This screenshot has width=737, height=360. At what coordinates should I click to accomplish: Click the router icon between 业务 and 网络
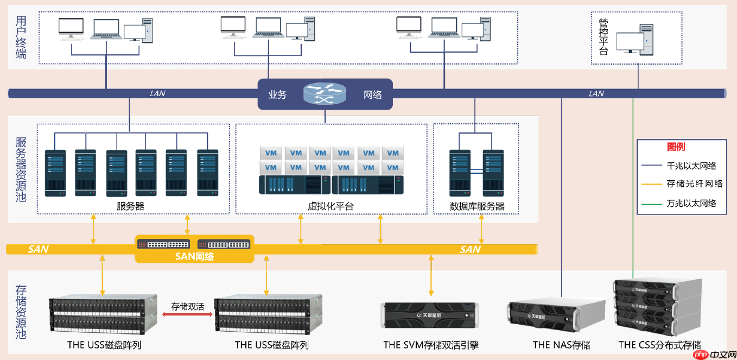[x=325, y=94]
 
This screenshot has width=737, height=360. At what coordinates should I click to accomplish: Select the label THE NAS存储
[x=561, y=345]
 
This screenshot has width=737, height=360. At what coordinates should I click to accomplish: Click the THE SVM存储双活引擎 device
[x=431, y=314]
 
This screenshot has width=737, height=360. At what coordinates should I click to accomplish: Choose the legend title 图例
[x=676, y=147]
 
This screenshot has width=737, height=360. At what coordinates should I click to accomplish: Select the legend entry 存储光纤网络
[x=695, y=184]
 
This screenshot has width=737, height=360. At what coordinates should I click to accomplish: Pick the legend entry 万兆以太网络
[x=691, y=204]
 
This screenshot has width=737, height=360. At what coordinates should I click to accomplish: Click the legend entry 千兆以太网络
[x=691, y=166]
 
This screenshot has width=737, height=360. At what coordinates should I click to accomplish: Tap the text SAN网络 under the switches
[x=194, y=256]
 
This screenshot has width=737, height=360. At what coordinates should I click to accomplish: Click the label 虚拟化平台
[x=331, y=207]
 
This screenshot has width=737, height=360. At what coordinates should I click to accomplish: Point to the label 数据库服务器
[x=477, y=207]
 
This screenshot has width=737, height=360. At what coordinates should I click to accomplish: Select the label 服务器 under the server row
[x=130, y=207]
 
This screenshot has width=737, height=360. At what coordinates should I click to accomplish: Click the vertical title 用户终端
[x=21, y=37]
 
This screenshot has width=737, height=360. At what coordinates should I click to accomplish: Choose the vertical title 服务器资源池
[x=21, y=169]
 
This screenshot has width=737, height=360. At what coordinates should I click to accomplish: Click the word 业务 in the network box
[x=277, y=94]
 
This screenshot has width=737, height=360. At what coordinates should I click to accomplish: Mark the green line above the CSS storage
[x=633, y=190]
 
